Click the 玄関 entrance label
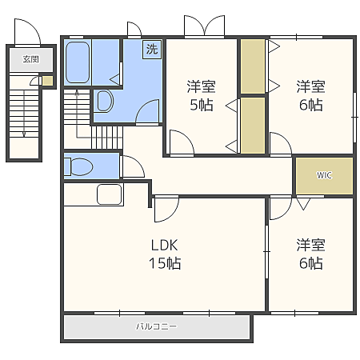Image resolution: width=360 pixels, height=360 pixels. tap(31, 59)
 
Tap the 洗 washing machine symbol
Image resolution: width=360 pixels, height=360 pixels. tap(152, 50)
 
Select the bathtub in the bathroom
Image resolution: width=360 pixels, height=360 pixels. tap(78, 62)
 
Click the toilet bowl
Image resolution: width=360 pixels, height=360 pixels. tap(79, 167)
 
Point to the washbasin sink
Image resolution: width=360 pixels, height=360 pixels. tap(105, 101)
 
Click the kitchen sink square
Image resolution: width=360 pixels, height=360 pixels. tap(110, 194)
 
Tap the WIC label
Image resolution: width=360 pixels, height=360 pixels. tap(324, 175)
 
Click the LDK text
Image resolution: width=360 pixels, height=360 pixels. tap(164, 245)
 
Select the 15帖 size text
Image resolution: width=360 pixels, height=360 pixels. tap(165, 263)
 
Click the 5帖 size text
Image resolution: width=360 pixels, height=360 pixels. tap(202, 105)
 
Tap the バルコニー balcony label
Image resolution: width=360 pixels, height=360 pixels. tap(156, 326)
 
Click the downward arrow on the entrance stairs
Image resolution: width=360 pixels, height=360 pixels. tap(24, 114)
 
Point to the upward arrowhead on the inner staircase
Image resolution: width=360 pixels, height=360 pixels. tap(77, 93)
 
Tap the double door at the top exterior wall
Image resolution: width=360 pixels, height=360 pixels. tap(205, 26)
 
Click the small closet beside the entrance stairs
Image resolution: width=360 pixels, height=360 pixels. tap(48, 81)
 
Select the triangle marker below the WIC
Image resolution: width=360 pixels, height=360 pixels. tap(303, 204)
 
